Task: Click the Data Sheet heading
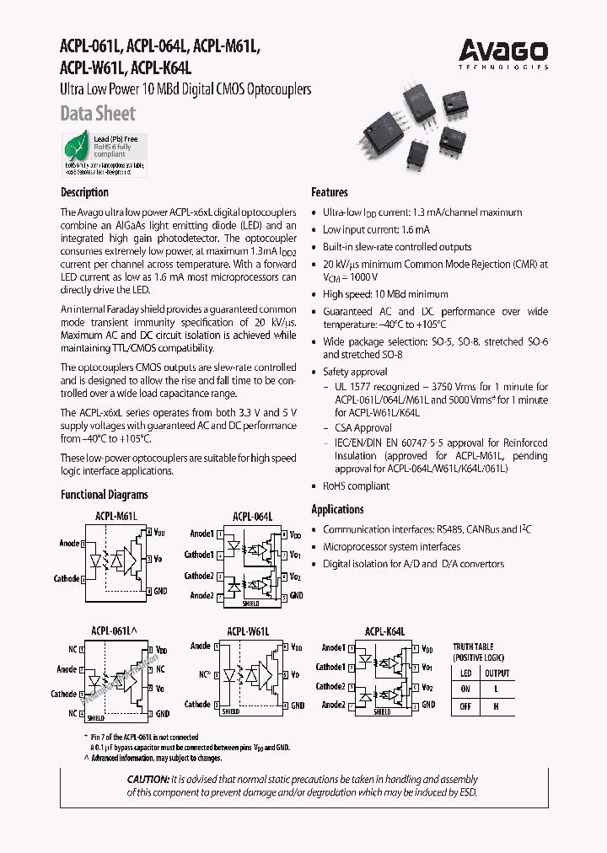(x=98, y=113)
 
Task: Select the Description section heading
(x=84, y=192)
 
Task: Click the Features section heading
(x=330, y=192)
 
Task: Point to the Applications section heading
(x=337, y=509)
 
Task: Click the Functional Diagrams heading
(x=104, y=495)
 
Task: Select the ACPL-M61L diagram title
(x=115, y=515)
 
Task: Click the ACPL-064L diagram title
(x=253, y=516)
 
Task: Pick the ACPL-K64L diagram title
(x=385, y=630)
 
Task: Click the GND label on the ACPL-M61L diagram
(x=160, y=591)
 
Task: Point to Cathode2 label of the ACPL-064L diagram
(x=200, y=576)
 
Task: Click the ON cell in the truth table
(x=465, y=689)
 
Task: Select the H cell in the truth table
(x=497, y=706)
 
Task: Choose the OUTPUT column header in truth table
(x=497, y=673)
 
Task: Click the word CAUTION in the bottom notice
(x=148, y=779)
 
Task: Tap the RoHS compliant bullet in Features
(x=356, y=486)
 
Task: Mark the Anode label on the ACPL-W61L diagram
(x=201, y=646)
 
